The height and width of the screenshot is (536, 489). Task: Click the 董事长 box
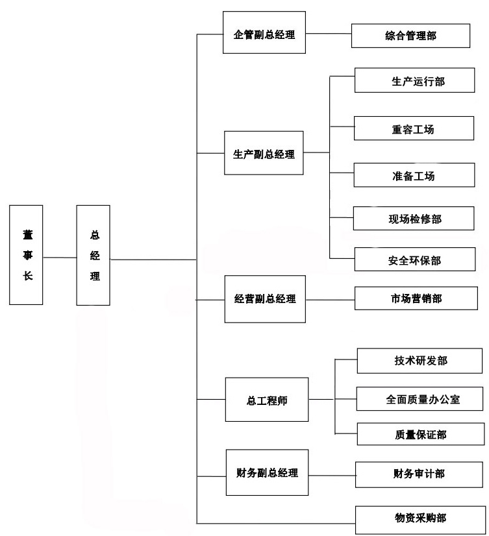27,255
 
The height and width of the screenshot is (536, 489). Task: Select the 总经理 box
94,255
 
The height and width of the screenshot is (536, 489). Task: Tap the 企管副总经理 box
264,34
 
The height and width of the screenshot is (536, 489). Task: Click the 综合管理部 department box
410,36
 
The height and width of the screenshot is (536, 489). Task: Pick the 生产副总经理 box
264,153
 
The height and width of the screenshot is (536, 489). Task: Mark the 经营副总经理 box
264,299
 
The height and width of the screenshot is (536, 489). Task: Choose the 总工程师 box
267,400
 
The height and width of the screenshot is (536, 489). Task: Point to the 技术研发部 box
420,361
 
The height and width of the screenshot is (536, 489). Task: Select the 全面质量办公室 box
420,398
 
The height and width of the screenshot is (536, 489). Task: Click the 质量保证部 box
420,433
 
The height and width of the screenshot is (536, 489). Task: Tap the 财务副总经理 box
267,473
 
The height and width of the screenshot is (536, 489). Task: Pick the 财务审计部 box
419,474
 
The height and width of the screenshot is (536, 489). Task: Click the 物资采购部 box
420,517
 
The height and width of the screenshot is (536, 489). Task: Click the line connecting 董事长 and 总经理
60,258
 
